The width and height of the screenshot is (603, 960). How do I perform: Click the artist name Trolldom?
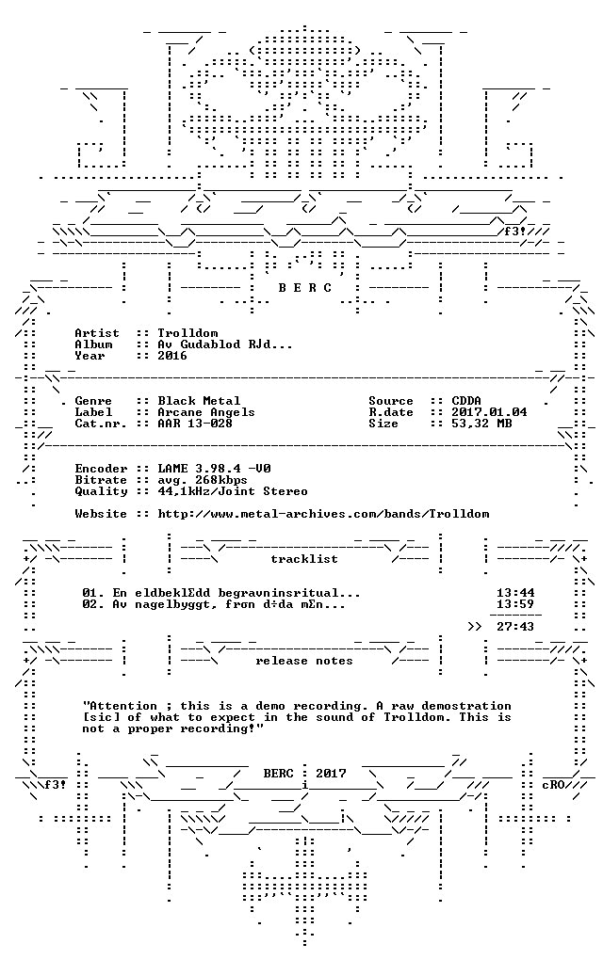click(187, 333)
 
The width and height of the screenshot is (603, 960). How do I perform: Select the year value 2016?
click(172, 356)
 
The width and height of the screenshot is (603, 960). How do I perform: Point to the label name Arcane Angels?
click(206, 412)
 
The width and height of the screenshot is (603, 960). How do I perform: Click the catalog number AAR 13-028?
click(195, 424)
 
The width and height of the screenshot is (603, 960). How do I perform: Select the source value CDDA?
click(466, 401)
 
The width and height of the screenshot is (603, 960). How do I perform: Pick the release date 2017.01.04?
click(489, 412)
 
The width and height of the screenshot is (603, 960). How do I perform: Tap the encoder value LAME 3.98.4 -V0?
click(214, 469)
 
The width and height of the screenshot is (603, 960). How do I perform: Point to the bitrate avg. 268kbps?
click(203, 480)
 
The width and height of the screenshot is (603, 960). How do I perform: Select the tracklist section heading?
click(304, 559)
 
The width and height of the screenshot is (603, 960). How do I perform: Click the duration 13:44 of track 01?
click(515, 593)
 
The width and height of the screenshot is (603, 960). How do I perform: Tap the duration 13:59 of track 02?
click(515, 604)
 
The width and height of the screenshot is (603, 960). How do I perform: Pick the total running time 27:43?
click(515, 627)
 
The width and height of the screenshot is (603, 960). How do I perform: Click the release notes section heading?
click(304, 662)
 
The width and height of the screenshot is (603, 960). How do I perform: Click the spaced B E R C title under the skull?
click(304, 288)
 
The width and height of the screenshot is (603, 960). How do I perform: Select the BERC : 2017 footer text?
click(304, 774)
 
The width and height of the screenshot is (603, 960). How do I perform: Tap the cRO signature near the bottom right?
click(553, 785)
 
